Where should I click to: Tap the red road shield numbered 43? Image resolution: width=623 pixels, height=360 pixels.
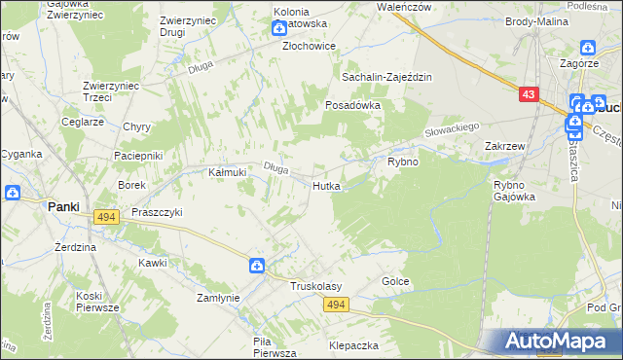pos(528,94)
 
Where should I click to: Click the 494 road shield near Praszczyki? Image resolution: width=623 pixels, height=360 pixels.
pos(107,217)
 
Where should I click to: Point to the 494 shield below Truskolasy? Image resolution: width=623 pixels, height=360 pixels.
pos(336,306)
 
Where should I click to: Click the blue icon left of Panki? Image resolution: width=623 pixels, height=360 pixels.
pos(13,192)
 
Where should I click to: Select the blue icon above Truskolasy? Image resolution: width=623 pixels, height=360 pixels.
pos(256,265)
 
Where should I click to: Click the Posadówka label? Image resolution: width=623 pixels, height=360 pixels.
pos(351,104)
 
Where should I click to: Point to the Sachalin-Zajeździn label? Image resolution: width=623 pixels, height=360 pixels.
pos(385,77)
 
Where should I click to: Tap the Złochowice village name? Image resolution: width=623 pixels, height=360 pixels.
pos(309,46)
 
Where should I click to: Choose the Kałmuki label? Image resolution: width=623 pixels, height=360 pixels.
pos(227,172)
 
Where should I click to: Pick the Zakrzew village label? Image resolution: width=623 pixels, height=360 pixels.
pos(505,146)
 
